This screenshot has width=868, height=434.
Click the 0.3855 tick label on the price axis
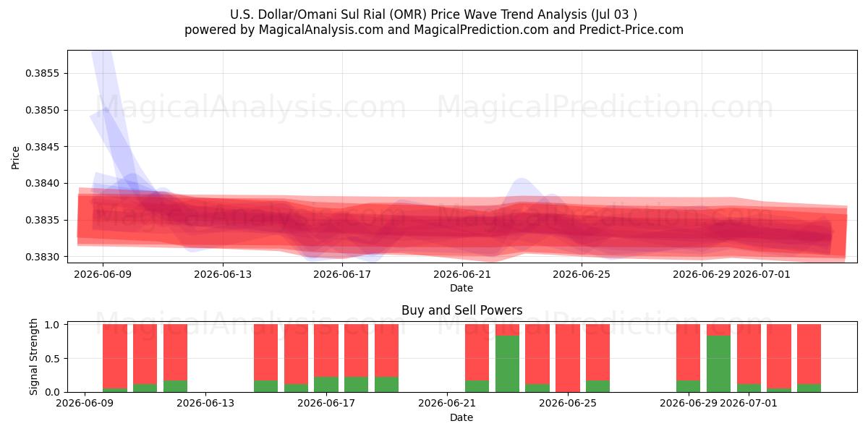[42, 73]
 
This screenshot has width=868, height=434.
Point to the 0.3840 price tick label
[42, 183]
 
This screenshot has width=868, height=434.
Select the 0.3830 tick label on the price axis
[42, 257]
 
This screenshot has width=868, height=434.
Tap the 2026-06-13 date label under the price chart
[223, 274]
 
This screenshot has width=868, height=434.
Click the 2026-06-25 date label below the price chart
[582, 274]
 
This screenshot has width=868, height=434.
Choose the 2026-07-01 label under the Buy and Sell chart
[749, 404]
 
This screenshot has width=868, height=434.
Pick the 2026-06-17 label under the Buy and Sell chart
[326, 404]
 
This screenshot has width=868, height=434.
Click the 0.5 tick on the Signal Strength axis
[52, 359]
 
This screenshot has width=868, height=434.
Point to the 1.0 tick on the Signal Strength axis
[52, 325]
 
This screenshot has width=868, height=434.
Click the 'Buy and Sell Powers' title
[462, 310]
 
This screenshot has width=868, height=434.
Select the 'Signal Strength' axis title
[34, 357]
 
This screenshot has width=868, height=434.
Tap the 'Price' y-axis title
[15, 158]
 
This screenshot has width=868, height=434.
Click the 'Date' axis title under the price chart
[461, 288]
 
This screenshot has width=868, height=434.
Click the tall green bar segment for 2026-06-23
[507, 364]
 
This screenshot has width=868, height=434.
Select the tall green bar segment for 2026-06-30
[718, 364]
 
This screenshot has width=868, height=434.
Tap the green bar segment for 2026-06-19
[386, 384]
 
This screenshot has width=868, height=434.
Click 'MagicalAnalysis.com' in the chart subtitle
[321, 30]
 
